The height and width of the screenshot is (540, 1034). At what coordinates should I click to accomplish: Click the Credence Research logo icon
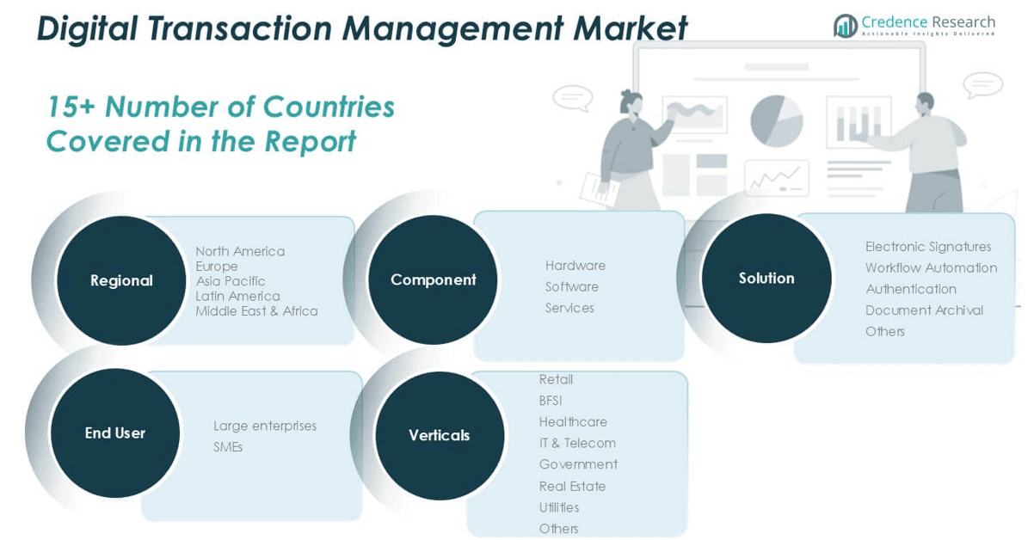click(x=846, y=26)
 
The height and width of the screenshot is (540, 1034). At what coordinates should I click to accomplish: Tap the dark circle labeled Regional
click(x=121, y=280)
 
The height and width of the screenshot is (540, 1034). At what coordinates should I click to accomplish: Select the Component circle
click(x=433, y=279)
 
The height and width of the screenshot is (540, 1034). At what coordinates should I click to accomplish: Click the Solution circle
click(x=766, y=279)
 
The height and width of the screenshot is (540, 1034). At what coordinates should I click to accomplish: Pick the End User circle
click(x=115, y=433)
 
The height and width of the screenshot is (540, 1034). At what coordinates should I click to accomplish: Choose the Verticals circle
click(x=440, y=435)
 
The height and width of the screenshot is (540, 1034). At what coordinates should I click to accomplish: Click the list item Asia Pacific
click(x=231, y=281)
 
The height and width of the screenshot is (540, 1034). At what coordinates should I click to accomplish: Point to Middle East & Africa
click(x=256, y=311)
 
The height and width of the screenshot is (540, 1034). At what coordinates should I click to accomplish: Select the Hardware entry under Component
click(x=575, y=266)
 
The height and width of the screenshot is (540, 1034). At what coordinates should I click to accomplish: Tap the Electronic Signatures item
click(x=928, y=247)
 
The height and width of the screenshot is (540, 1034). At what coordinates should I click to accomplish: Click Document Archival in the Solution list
click(x=924, y=310)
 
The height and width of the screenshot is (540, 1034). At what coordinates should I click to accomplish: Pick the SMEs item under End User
click(x=228, y=447)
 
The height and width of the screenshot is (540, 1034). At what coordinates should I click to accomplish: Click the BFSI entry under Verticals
click(x=551, y=401)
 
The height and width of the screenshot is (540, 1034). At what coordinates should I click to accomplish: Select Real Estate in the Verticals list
click(x=572, y=486)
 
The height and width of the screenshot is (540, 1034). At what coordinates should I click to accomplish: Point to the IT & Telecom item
click(x=577, y=443)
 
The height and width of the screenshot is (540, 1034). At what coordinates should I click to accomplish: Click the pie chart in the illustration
click(x=776, y=121)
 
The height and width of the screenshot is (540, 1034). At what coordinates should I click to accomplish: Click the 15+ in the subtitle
click(x=71, y=107)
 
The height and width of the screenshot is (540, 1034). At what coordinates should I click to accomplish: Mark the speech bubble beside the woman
click(x=573, y=98)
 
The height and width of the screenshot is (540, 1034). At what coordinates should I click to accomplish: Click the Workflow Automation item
click(x=931, y=268)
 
